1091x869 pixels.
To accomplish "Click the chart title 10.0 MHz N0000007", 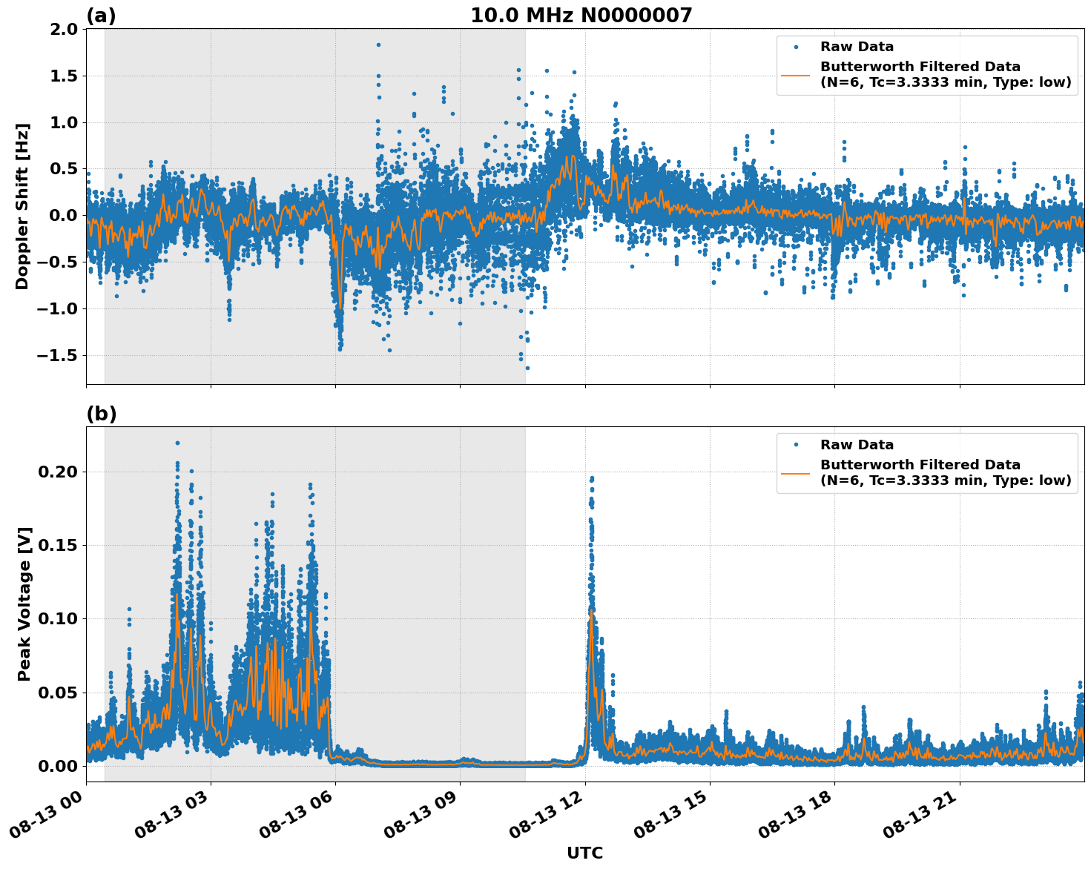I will tap(581, 16).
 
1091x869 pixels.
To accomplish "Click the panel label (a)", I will tap(101, 16).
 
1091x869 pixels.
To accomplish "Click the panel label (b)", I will tap(101, 414).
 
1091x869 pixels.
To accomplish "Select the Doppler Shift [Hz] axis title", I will tap(22, 206).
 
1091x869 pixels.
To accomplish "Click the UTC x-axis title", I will tap(584, 853).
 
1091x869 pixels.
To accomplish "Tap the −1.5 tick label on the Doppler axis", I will tap(56, 356).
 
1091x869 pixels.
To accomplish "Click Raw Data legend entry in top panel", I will tap(857, 47).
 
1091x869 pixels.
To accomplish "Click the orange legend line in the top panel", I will tap(795, 75).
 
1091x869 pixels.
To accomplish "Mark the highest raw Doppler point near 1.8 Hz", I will tap(378, 44).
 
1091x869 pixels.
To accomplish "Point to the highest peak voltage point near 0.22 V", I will tap(177, 443).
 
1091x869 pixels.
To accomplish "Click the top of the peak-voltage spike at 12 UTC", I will tap(591, 478).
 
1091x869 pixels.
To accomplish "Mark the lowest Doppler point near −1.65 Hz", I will tap(527, 368).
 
